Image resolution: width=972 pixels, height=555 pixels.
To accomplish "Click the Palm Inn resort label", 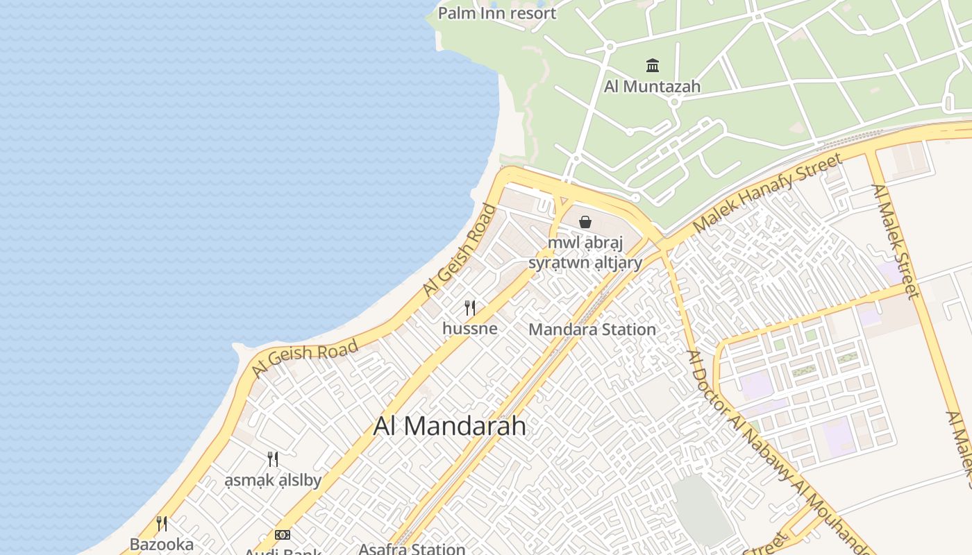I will [497, 13].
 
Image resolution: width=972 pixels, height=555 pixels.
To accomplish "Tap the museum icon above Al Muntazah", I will [653, 66].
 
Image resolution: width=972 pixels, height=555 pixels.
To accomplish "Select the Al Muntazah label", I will [652, 87].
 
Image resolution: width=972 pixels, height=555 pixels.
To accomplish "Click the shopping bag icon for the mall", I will [585, 222].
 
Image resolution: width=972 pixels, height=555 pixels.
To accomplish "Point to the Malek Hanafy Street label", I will [768, 193].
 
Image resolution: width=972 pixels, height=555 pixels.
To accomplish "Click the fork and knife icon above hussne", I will [470, 307].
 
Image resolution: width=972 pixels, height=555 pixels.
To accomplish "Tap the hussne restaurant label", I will [470, 328].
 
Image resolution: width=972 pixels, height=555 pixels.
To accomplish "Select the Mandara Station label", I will [592, 330].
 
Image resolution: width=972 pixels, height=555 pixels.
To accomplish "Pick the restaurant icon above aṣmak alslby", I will [273, 459].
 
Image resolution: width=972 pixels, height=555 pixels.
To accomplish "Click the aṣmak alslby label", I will [273, 480].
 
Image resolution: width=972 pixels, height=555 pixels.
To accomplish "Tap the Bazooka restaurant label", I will [162, 544].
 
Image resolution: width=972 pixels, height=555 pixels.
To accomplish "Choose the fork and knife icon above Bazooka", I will [162, 523].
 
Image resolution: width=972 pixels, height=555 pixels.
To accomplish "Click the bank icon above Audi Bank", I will [283, 534].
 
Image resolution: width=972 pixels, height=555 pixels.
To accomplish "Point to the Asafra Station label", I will [412, 549].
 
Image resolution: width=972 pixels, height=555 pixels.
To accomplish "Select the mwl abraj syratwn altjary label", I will [585, 253].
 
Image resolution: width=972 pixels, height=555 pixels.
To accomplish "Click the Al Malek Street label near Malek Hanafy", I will [896, 241].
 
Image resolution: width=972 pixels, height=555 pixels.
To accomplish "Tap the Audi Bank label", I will [283, 552].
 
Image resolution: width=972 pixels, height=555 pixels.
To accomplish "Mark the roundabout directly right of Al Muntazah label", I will [673, 102].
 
